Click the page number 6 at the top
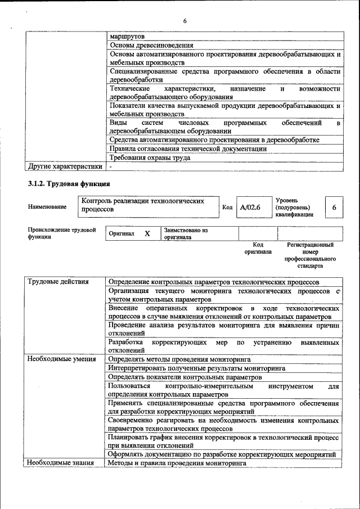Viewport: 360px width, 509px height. (x=184, y=21)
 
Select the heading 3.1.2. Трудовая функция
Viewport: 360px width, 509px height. (x=69, y=184)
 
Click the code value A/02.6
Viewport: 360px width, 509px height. (x=250, y=208)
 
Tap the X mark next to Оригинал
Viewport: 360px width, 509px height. (x=147, y=233)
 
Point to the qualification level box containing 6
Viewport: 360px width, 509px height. (x=334, y=208)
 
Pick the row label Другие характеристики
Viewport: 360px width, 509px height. (x=65, y=166)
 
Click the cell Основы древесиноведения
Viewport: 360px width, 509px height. (x=151, y=45)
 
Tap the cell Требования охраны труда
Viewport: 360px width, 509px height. (x=150, y=157)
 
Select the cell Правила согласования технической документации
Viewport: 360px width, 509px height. (x=188, y=149)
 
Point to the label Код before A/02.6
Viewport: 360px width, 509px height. (x=227, y=208)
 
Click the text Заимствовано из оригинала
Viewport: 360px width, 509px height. (x=186, y=233)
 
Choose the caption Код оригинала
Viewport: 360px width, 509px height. (x=258, y=248)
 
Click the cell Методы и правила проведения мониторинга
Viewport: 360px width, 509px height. (x=177, y=463)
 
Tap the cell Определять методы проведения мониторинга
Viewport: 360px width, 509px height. (x=179, y=358)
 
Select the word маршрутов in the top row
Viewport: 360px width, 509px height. (x=127, y=36)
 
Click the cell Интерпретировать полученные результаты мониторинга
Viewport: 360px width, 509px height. (x=196, y=368)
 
